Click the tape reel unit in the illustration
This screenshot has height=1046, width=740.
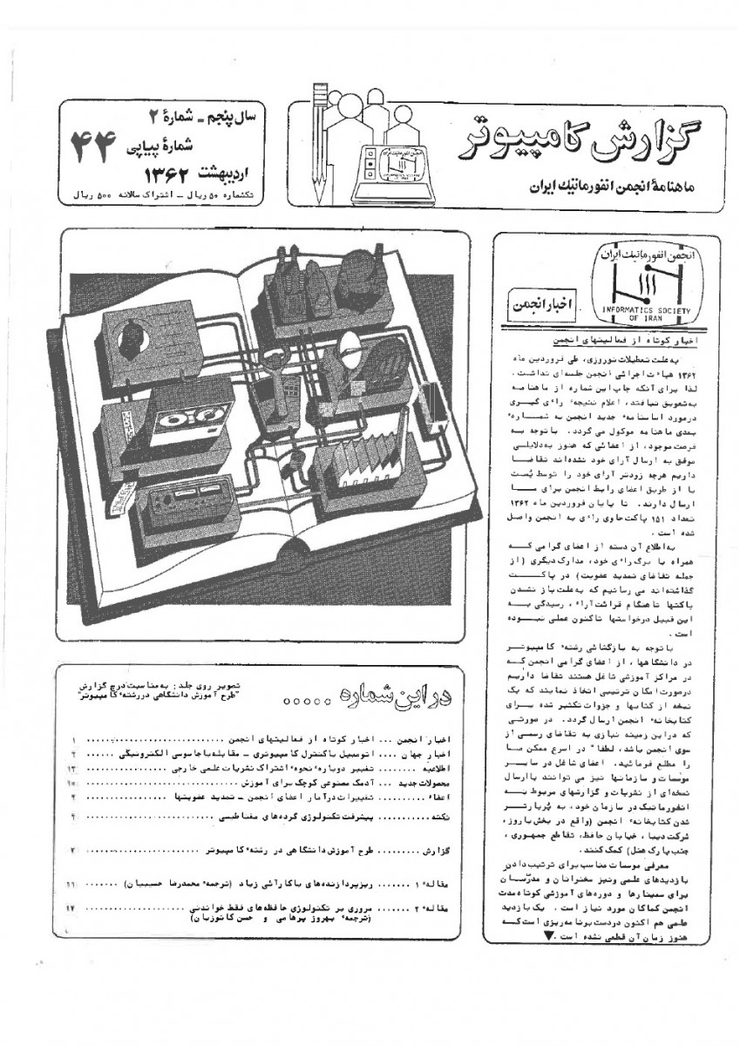click(x=179, y=423)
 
